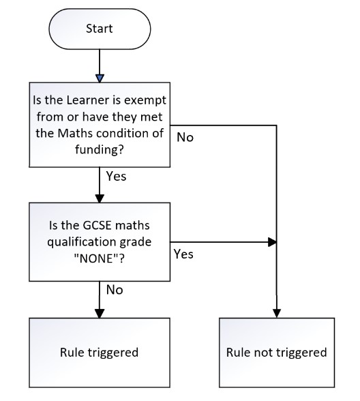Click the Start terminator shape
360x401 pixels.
[100, 29]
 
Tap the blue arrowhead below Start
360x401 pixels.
[100, 78]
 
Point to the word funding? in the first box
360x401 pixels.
[100, 149]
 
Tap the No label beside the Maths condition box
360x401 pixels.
[185, 138]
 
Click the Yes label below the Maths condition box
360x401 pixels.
[117, 177]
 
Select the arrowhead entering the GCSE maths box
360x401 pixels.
[100, 198]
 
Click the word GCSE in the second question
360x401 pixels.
[97, 226]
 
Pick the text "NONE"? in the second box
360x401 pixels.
[100, 258]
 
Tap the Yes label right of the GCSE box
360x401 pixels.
[183, 254]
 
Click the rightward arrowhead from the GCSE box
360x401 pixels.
[272, 242]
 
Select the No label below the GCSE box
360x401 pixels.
[115, 291]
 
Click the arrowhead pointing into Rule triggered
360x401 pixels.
[100, 314]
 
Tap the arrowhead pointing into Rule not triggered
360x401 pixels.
[277, 314]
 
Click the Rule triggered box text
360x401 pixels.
[100, 353]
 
